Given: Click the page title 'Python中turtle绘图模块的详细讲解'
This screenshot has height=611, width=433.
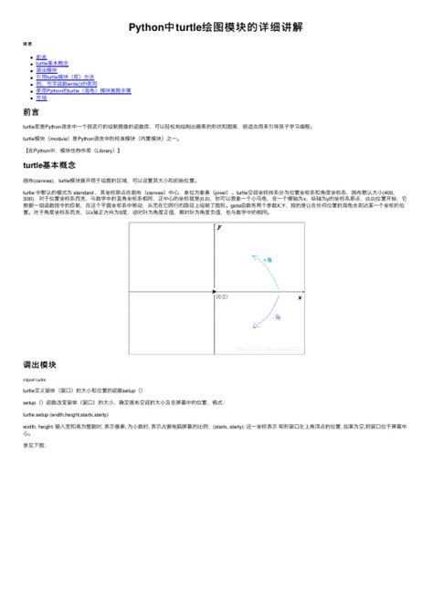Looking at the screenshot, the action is pos(216,26).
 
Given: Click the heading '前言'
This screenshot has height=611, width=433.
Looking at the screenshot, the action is pos(30,111).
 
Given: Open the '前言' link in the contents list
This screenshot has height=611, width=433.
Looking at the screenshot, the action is pos(41,57).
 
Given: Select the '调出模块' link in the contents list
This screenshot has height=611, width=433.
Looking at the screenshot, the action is pos(46,68).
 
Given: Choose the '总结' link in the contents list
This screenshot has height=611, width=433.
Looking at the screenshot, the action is pos(41,98).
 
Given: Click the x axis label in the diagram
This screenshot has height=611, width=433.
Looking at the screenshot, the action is pos(299,298).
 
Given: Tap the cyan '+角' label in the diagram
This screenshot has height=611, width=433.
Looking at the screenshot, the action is pos(267,260).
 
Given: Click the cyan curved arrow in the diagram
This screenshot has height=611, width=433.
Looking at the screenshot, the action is pos(252,264).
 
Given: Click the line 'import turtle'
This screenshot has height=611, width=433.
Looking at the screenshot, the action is pos(34,378).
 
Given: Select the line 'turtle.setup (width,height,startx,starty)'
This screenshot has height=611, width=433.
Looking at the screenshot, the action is pos(69,413).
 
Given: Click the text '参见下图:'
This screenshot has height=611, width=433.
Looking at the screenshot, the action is pos(33,445).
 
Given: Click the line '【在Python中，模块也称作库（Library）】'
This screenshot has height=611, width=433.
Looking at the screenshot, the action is pos(74,150).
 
